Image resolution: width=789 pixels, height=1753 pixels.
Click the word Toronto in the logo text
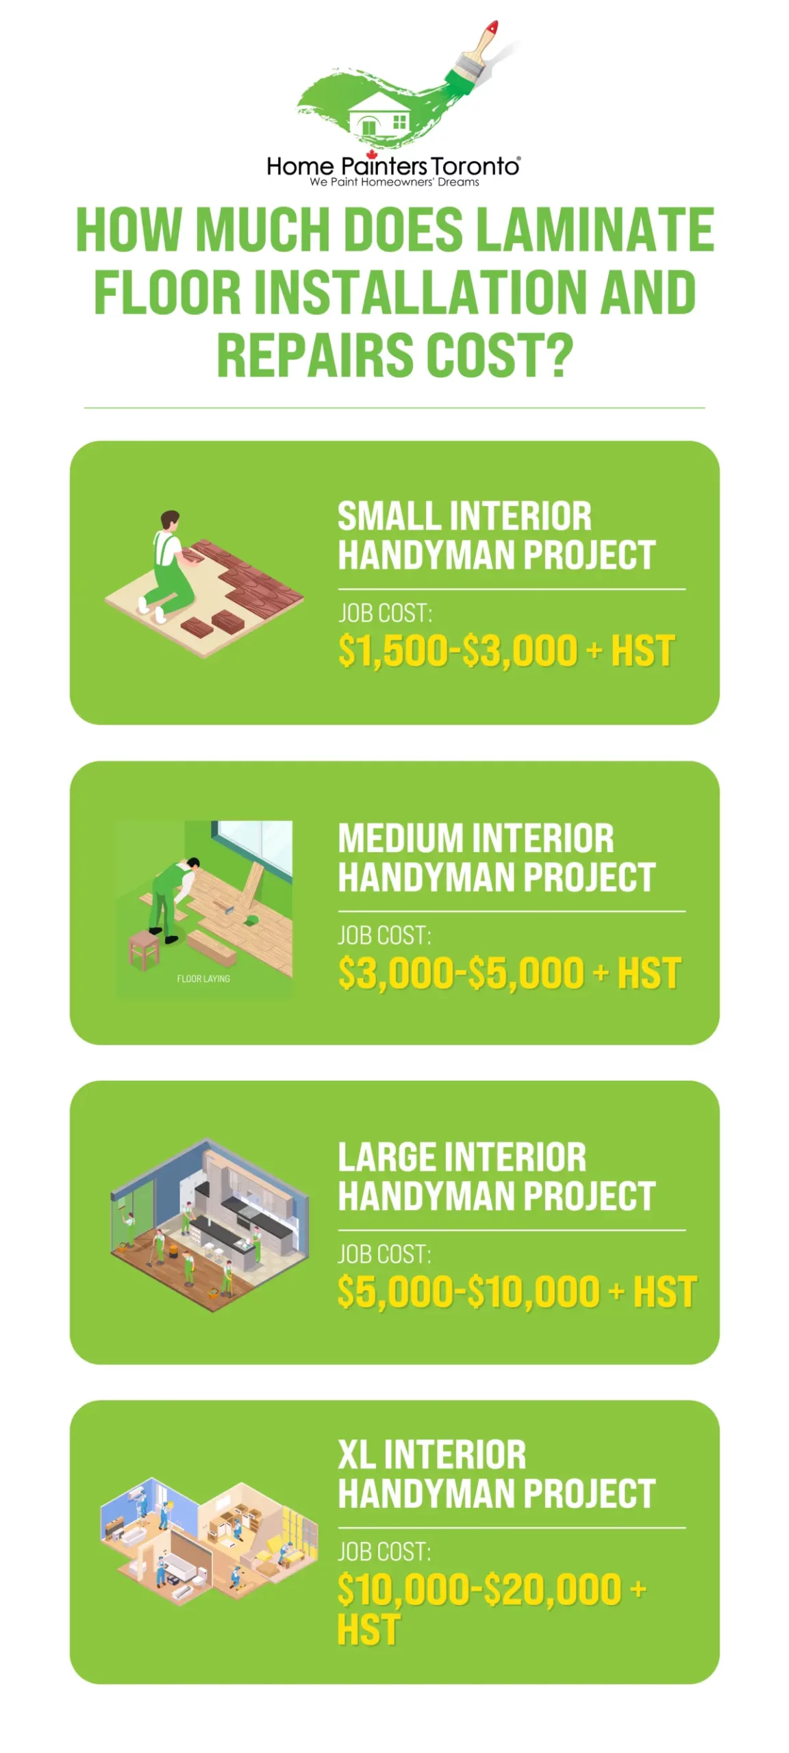tap(475, 166)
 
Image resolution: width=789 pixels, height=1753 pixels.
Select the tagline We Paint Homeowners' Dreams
tap(394, 182)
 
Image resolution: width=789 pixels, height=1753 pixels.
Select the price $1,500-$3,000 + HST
tap(506, 651)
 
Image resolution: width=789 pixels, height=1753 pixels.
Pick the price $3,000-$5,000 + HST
tap(510, 973)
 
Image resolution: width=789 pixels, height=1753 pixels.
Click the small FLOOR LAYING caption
tap(203, 979)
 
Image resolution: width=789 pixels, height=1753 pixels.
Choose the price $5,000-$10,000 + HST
tap(517, 1291)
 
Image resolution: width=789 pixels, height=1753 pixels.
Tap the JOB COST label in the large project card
tap(385, 1254)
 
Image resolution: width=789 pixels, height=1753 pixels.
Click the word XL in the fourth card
tap(356, 1455)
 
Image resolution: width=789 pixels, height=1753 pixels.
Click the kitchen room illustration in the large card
tap(209, 1224)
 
